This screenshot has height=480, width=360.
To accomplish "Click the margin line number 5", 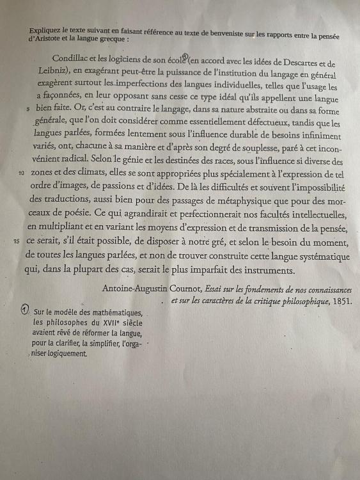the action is (x=28, y=109).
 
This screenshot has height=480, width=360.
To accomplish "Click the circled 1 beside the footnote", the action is (x=24, y=309).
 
